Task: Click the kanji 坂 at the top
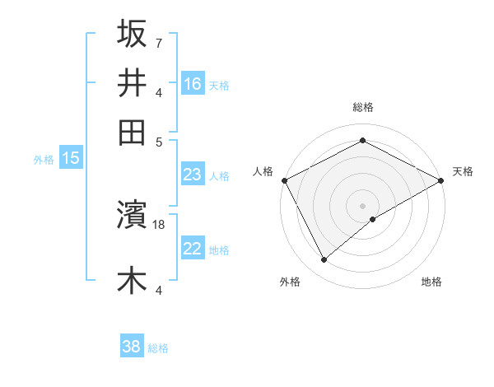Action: pyautogui.click(x=132, y=34)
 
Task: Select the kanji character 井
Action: pyautogui.click(x=132, y=83)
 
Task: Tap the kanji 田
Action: pyautogui.click(x=132, y=132)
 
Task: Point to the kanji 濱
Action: pyautogui.click(x=132, y=216)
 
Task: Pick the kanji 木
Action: pyautogui.click(x=132, y=280)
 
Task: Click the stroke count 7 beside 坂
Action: pyautogui.click(x=158, y=42)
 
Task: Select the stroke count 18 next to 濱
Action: pyautogui.click(x=160, y=224)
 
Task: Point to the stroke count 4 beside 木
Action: pyautogui.click(x=158, y=289)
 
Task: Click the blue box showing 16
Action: pyautogui.click(x=193, y=84)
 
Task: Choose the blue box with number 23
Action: pyautogui.click(x=193, y=175)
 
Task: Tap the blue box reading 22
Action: pyautogui.click(x=193, y=249)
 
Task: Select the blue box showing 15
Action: pyautogui.click(x=71, y=158)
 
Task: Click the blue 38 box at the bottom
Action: pyautogui.click(x=132, y=347)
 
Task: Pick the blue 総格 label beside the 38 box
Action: pyautogui.click(x=158, y=348)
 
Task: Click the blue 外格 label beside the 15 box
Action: pyautogui.click(x=44, y=160)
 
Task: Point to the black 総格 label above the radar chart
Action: pyautogui.click(x=363, y=107)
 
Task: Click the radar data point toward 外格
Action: pyautogui.click(x=324, y=260)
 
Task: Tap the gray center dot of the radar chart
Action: pyautogui.click(x=363, y=205)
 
